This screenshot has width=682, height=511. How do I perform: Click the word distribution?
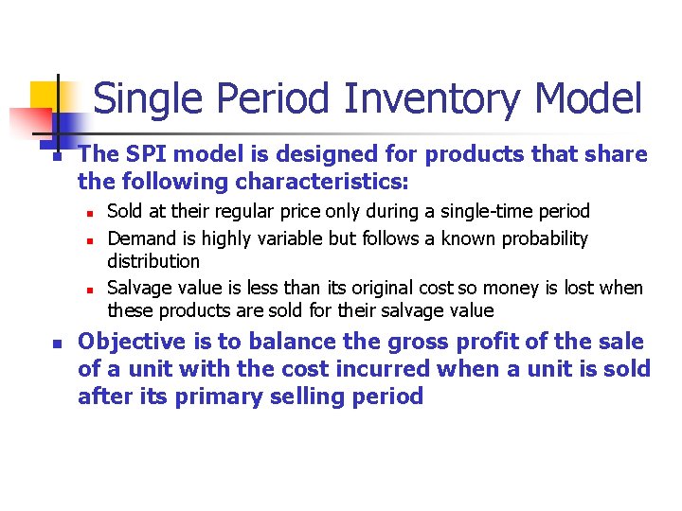[153, 261]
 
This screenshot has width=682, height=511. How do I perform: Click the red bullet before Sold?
[87, 213]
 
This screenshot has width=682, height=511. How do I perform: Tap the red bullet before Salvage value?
[87, 289]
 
